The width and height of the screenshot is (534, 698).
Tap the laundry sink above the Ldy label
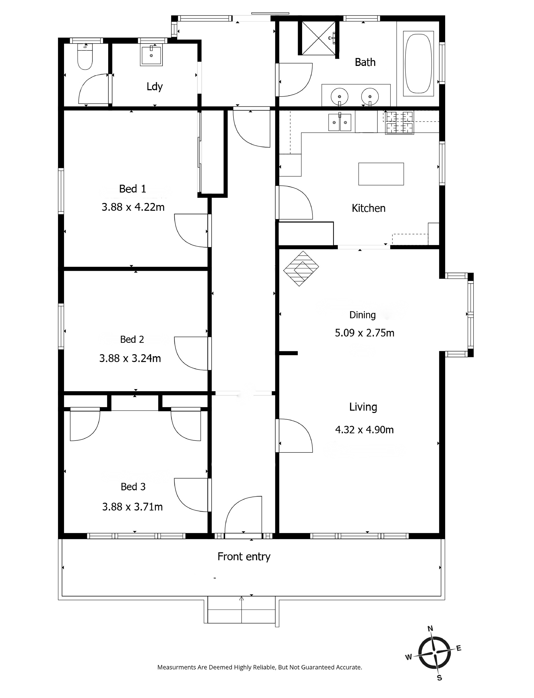151,55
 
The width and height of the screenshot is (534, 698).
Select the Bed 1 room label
133,189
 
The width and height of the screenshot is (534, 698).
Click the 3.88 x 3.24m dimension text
130,358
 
